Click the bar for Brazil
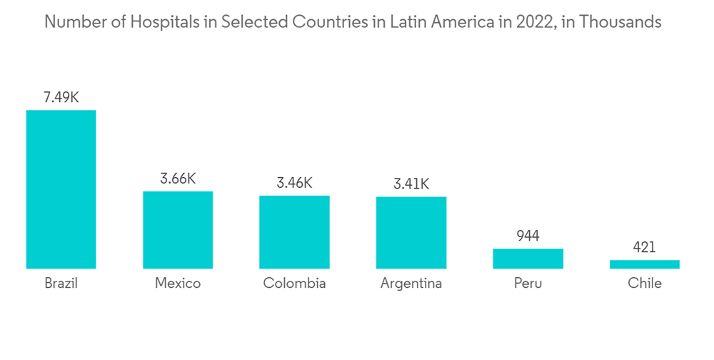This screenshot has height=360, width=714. (x=61, y=189)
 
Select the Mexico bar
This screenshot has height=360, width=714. (x=178, y=230)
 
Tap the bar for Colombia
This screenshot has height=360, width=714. (x=294, y=232)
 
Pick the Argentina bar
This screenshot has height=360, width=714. (x=411, y=233)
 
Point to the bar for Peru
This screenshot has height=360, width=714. (x=528, y=259)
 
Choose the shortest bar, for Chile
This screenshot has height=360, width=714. (x=645, y=264)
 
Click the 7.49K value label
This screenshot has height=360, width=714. (x=61, y=98)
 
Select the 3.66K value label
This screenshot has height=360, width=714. (x=178, y=179)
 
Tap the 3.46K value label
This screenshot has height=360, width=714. (x=294, y=184)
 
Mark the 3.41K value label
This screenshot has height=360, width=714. (x=411, y=184)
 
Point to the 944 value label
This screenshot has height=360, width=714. (x=528, y=236)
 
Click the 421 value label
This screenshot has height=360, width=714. (x=645, y=247)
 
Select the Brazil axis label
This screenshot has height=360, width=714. (x=61, y=284)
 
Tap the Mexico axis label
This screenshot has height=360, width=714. (x=178, y=284)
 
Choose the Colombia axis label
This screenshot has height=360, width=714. (x=294, y=284)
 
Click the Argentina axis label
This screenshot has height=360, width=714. (x=411, y=284)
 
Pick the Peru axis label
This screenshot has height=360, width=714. (x=528, y=284)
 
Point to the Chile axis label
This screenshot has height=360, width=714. (x=645, y=284)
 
